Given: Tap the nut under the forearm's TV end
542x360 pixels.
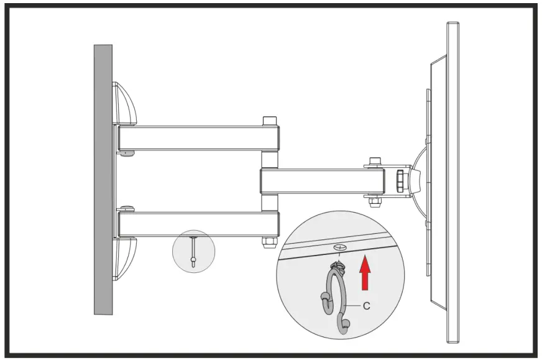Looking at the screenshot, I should pos(375,200).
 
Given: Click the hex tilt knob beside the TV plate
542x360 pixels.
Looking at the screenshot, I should pos(400,181).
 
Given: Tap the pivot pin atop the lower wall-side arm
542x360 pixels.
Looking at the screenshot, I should pos(127,210).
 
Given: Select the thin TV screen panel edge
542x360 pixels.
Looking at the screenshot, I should pos(453,180).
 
